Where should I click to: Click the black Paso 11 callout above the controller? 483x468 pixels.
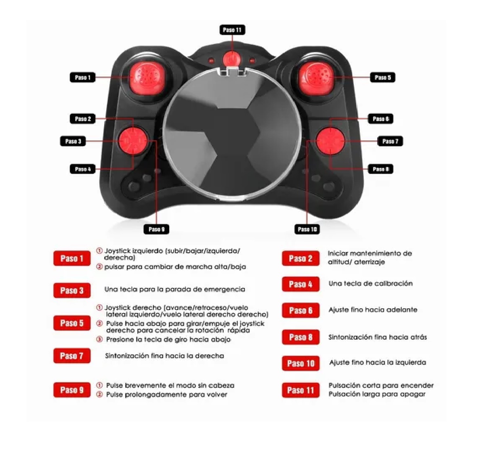coord(232,30)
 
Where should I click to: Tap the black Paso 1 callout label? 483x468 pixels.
coord(82,77)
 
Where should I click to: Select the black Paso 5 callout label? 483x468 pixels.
coord(382,77)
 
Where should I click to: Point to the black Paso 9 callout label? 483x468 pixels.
coord(156,229)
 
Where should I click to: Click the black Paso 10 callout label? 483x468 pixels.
coord(307,229)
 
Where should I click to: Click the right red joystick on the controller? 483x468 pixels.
coord(316,79)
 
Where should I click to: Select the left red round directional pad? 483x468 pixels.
coord(133,141)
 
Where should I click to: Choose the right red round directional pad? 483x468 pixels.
coord(330,141)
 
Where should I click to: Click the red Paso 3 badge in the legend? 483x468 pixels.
coord(72,290)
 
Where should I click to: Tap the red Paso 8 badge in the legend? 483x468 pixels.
coord(300,337)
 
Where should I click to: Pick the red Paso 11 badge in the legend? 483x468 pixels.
coord(300,390)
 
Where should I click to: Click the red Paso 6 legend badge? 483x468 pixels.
coord(300,311)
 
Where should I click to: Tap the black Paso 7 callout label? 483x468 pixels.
coord(390,141)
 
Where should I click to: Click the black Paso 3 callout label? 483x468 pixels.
coord(73,141)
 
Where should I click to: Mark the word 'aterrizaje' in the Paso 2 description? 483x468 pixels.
coord(370,262)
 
